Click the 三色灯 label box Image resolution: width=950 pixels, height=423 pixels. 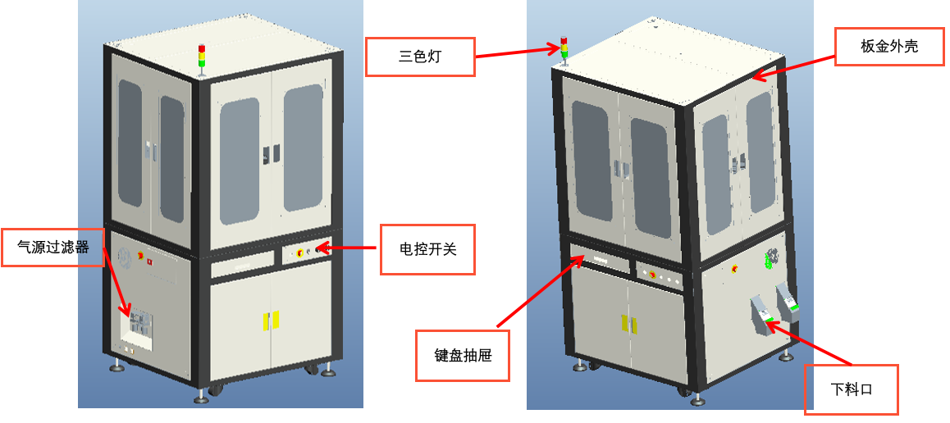(x=420, y=57)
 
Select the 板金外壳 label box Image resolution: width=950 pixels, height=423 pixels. (x=888, y=47)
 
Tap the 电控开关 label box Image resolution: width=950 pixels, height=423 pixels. (x=427, y=248)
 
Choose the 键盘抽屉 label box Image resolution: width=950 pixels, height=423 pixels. (x=462, y=356)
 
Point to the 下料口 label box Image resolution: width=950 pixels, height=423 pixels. (x=851, y=389)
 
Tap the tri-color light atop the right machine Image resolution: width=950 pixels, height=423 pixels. (x=564, y=48)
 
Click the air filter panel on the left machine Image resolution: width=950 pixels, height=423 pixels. (x=138, y=325)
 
